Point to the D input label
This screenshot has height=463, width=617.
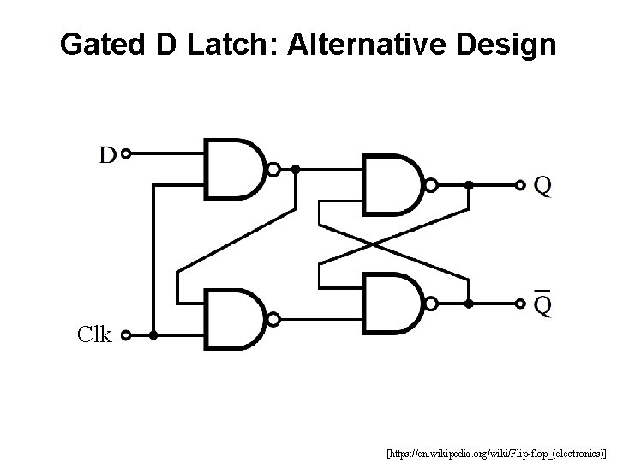click(x=107, y=155)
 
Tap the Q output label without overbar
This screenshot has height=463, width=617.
click(x=542, y=184)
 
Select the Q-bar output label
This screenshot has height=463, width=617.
click(x=542, y=303)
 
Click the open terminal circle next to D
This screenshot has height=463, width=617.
click(x=126, y=155)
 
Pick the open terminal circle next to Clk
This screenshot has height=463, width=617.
click(x=126, y=336)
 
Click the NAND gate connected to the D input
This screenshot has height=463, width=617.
click(x=236, y=169)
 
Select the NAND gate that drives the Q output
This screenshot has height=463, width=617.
click(x=394, y=184)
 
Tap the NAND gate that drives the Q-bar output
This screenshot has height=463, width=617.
click(x=394, y=303)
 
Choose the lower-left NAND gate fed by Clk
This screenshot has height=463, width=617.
click(x=236, y=319)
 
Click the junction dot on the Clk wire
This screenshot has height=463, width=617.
click(x=153, y=336)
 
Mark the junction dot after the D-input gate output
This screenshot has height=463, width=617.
click(x=295, y=170)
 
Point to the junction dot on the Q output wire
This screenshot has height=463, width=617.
click(x=469, y=184)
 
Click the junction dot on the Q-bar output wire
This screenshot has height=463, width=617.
click(x=469, y=303)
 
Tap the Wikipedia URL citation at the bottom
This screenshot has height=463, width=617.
click(x=496, y=449)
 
